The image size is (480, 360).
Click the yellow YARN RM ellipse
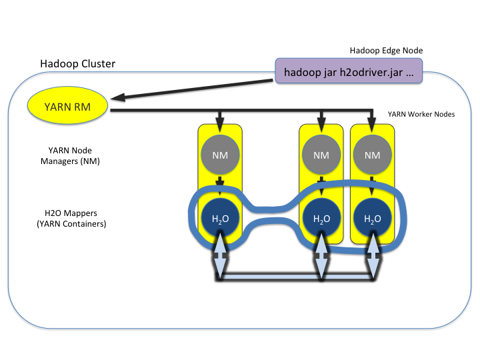(67, 106)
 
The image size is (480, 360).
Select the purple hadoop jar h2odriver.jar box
(348, 71)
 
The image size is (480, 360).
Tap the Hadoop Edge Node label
(386, 51)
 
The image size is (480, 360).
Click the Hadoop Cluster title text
(77, 64)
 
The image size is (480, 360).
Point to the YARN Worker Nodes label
(421, 114)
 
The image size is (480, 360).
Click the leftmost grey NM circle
(219, 155)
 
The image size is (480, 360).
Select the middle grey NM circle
(321, 155)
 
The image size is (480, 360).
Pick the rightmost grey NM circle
(373, 155)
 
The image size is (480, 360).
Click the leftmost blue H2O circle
(219, 219)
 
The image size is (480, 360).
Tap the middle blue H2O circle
(321, 219)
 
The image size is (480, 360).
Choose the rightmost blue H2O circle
(373, 219)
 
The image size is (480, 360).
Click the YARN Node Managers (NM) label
(69, 155)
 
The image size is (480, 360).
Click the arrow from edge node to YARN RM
(193, 88)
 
